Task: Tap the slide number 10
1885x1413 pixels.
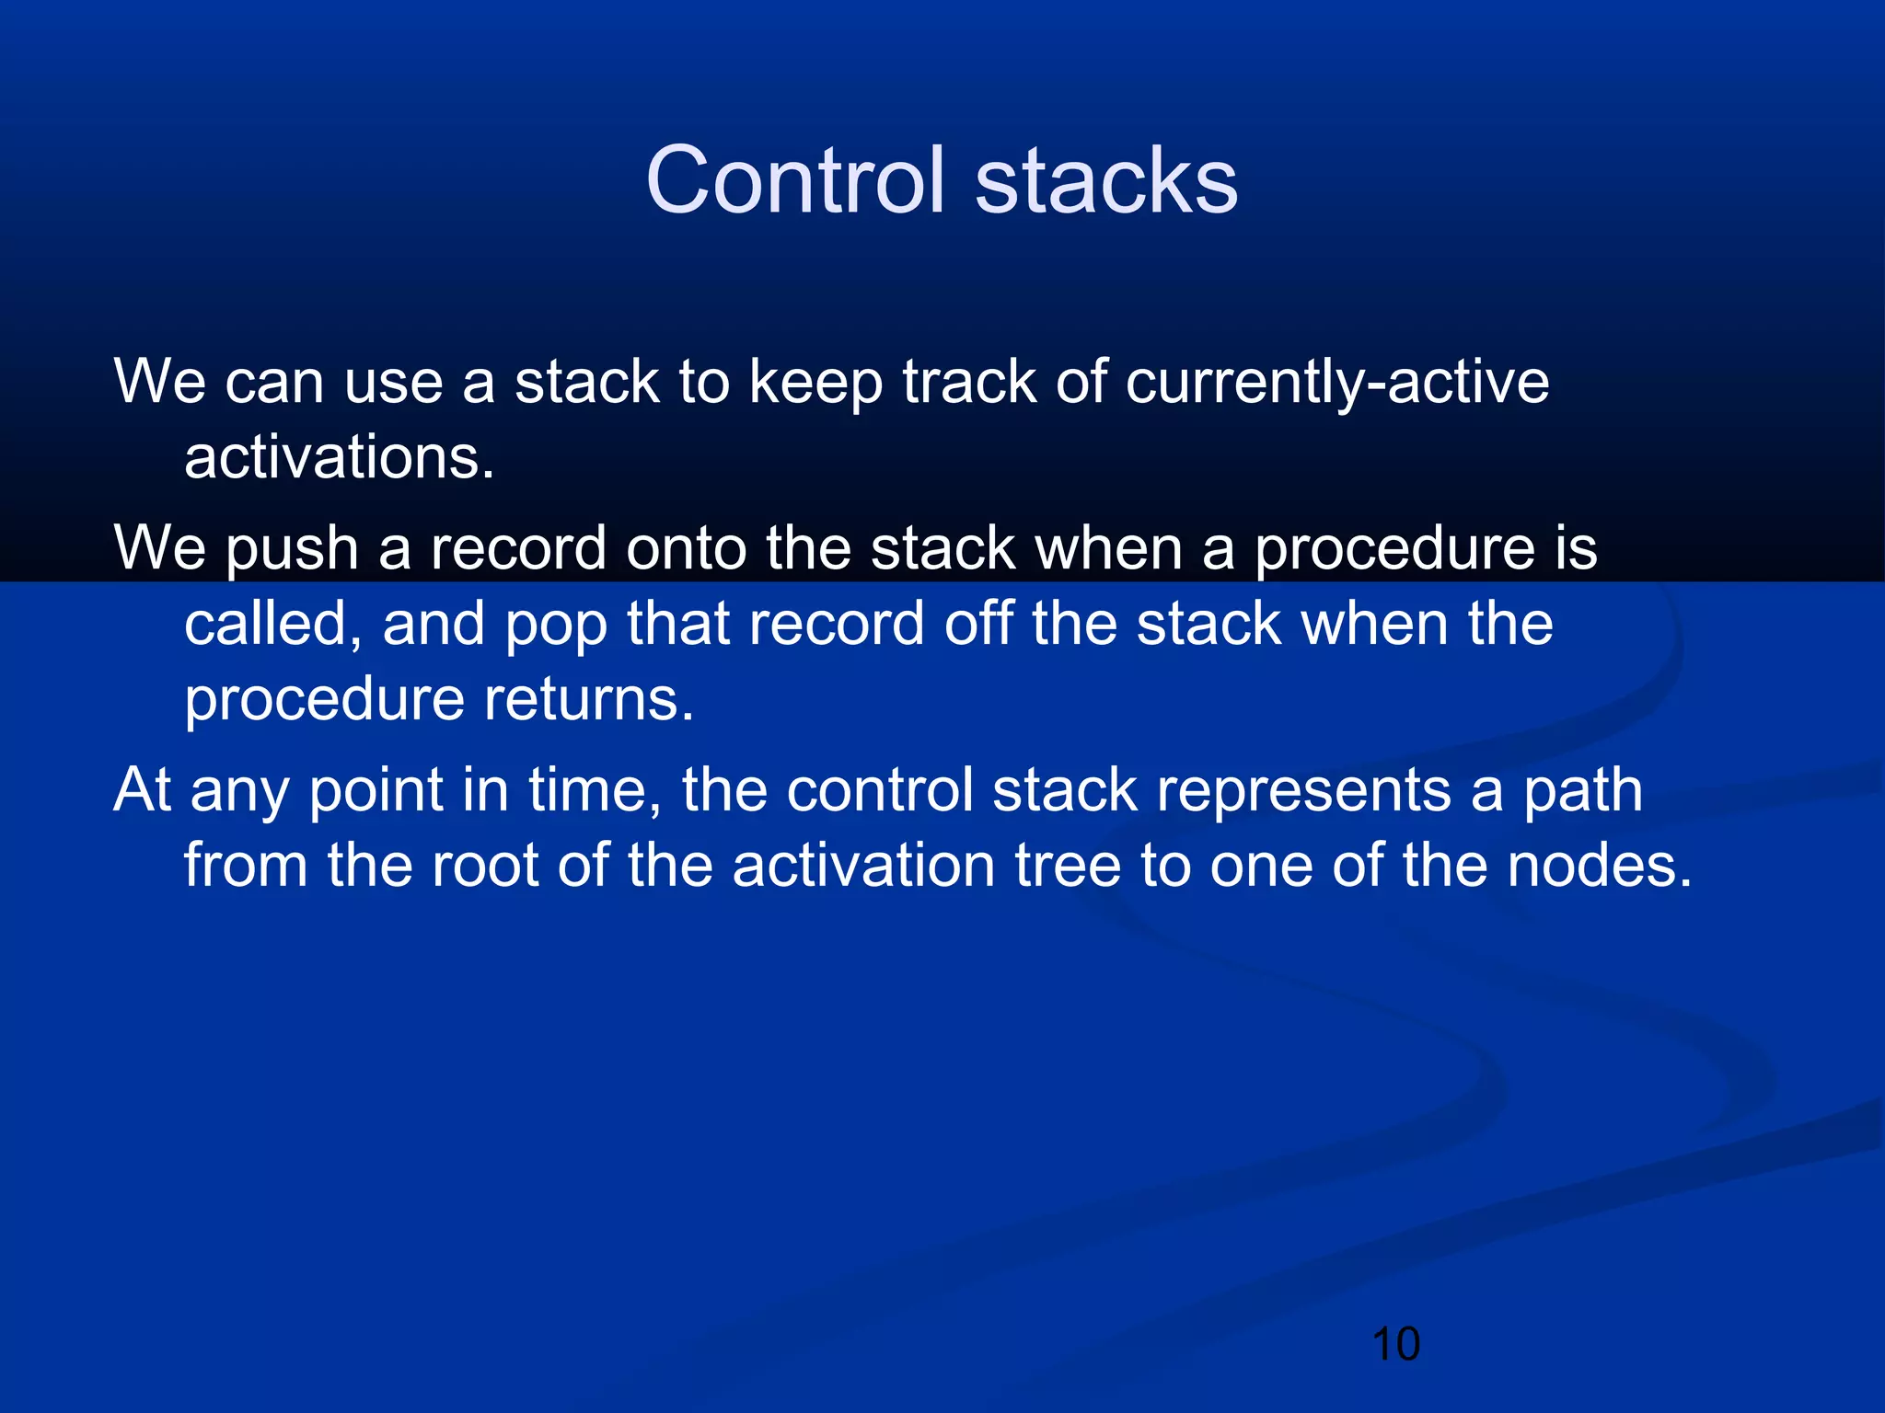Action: [x=1395, y=1344]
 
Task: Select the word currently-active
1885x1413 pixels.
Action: [x=1336, y=381]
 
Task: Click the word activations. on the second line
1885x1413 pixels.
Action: [x=339, y=457]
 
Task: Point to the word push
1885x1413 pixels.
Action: [x=292, y=549]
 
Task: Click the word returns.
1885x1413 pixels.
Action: [x=589, y=700]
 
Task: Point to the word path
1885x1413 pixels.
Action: [x=1582, y=791]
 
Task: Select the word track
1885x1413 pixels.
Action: [x=968, y=381]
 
